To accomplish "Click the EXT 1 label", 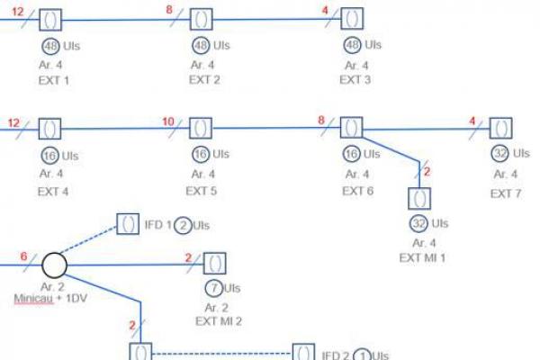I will click(x=54, y=80).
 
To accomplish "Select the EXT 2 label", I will click(x=203, y=80).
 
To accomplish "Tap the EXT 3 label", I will click(x=355, y=80).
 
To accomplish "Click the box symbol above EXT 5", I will click(x=202, y=129).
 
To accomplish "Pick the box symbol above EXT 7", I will click(x=500, y=129).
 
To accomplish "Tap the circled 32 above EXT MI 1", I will click(x=418, y=223).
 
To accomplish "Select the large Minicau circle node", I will click(x=54, y=265).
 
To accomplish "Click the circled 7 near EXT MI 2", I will click(x=213, y=289).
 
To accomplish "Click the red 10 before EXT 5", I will click(x=167, y=121).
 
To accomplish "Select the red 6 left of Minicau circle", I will click(x=23, y=256).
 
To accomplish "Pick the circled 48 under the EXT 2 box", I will click(x=201, y=45).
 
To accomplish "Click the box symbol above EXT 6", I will click(x=351, y=129).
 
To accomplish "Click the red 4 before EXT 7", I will click(x=472, y=121).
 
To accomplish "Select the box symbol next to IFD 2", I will click(x=304, y=353).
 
